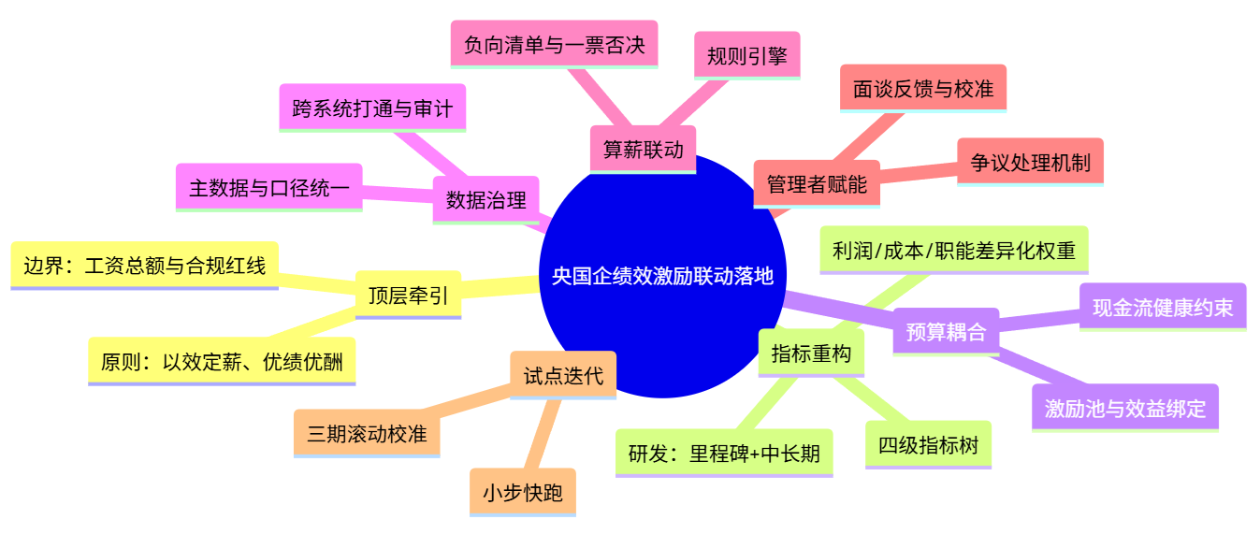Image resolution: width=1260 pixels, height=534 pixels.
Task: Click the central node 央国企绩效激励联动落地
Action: click(x=662, y=277)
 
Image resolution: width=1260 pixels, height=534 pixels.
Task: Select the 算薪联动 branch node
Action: click(x=643, y=150)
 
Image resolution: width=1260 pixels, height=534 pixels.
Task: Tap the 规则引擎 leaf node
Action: click(x=746, y=55)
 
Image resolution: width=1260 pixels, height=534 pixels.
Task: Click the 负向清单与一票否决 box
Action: click(x=554, y=45)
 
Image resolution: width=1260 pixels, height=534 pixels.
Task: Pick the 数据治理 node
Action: click(x=485, y=199)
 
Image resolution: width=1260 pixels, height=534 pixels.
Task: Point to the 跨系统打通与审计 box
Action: click(x=372, y=108)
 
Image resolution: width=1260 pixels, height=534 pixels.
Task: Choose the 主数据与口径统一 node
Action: click(x=268, y=187)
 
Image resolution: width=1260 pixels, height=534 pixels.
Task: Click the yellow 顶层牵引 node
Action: click(x=408, y=296)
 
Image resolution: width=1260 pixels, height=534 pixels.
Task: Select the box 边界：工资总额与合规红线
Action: click(x=144, y=266)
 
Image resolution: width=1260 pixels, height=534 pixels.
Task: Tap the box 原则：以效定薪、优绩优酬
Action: click(x=222, y=361)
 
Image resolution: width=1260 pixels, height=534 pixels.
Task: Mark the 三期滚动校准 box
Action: click(x=367, y=434)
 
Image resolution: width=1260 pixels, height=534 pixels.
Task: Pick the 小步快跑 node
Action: click(x=523, y=493)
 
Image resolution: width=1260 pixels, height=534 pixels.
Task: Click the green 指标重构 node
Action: click(x=810, y=353)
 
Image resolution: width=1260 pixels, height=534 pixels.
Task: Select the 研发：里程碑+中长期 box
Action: click(x=724, y=454)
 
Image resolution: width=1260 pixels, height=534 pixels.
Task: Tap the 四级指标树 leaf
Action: click(x=928, y=445)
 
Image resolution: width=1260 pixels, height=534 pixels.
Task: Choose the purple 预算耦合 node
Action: click(x=946, y=332)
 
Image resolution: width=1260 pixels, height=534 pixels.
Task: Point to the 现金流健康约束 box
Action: click(x=1163, y=307)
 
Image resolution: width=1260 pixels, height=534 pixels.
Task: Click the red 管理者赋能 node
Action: click(x=816, y=184)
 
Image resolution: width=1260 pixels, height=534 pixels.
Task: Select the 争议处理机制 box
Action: click(x=1030, y=162)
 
